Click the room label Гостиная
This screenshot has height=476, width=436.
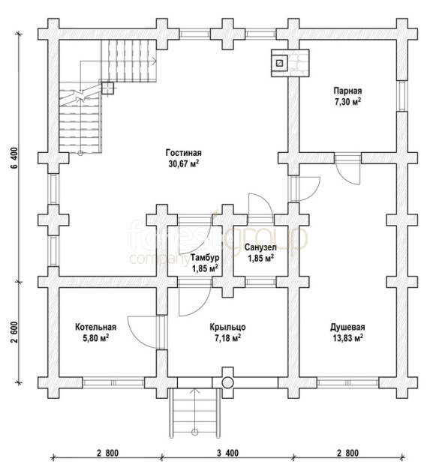183,152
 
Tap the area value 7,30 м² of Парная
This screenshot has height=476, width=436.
348,101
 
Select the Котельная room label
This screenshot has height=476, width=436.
96,327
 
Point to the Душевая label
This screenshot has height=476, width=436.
347,327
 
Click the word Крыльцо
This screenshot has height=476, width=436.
227,328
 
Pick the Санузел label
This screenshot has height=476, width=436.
260,247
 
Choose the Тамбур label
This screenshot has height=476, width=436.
205,258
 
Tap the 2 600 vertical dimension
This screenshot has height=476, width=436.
16,331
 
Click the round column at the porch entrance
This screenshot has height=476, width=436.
227,383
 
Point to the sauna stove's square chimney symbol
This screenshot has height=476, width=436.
279,63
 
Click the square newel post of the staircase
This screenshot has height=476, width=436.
107,88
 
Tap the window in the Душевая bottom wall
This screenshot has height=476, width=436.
348,382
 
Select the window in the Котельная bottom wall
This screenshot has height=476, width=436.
113,382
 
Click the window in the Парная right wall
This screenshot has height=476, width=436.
402,96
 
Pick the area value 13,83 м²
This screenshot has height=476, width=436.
348,338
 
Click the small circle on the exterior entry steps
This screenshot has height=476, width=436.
195,432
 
